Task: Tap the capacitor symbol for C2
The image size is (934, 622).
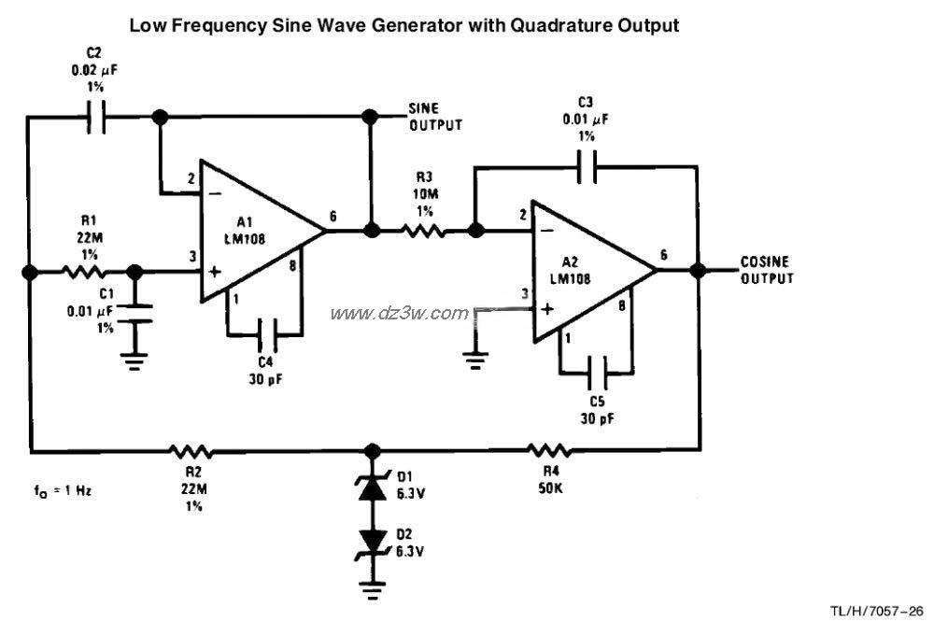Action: [x=95, y=118]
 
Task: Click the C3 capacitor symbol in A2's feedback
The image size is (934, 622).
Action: [x=587, y=169]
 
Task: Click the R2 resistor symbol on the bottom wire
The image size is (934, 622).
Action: [x=191, y=451]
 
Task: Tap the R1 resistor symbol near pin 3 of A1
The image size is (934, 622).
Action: [x=82, y=272]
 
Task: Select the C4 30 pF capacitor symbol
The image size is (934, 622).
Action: [x=264, y=331]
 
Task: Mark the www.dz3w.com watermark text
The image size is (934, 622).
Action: [x=399, y=313]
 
